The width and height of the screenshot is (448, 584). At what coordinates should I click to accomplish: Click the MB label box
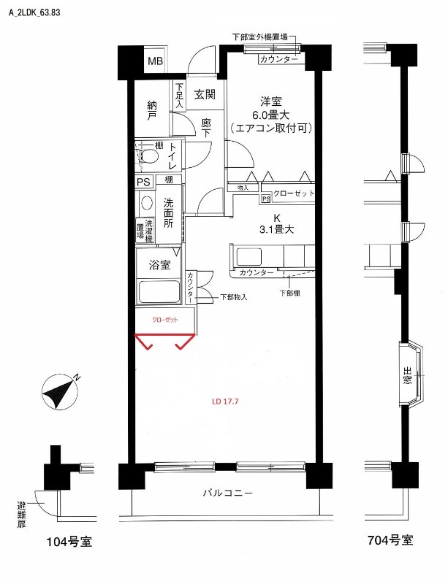point(156,61)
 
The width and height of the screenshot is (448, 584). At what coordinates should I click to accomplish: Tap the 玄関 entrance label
point(205,93)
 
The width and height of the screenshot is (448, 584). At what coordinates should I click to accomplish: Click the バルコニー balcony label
point(227,493)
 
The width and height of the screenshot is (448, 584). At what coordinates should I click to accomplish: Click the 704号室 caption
point(390,541)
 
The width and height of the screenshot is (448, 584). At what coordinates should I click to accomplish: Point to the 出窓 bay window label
point(407,377)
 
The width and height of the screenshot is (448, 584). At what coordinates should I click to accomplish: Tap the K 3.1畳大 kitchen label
point(277,223)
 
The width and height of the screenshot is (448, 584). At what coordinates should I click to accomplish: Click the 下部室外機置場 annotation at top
point(259,36)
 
